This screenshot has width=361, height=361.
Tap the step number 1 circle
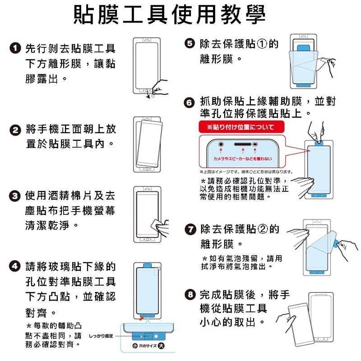(15, 48)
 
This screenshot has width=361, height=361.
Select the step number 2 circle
(15, 130)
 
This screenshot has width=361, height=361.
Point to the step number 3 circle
(15, 196)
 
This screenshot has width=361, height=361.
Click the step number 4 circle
(15, 266)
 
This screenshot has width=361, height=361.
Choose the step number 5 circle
(190, 43)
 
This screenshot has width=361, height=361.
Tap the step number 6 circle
(190, 102)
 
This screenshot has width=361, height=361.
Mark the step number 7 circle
(190, 230)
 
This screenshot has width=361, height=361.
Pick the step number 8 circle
(190, 296)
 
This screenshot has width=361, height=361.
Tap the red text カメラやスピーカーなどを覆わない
(243, 158)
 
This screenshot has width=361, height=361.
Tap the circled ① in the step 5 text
(262, 44)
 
